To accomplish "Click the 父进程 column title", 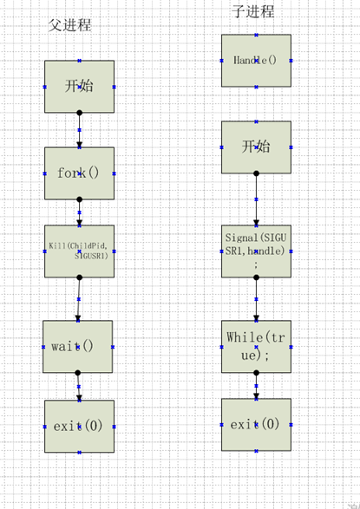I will click(69, 25).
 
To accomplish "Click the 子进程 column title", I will click(253, 12).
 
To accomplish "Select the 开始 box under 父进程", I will click(79, 86).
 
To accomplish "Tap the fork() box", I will click(79, 173).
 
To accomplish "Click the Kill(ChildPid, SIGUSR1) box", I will click(79, 251).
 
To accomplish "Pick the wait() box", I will click(78, 346).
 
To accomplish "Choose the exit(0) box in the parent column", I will click(79, 426).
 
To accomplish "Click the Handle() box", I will click(256, 61).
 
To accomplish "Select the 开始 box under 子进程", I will click(256, 147).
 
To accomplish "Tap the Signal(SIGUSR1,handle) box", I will click(256, 251).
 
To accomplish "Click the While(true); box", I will click(256, 346).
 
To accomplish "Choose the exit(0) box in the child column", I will click(256, 424).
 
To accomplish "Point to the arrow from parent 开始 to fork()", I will click(79, 130).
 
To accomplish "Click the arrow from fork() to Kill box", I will click(79, 212).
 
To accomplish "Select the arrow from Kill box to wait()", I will click(78, 299).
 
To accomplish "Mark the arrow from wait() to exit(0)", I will click(78, 386).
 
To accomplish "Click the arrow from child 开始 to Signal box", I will click(256, 199).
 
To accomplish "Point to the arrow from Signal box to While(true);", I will click(256, 299).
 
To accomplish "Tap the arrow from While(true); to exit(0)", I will click(256, 386).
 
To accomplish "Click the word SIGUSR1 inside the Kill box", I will click(93, 257).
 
